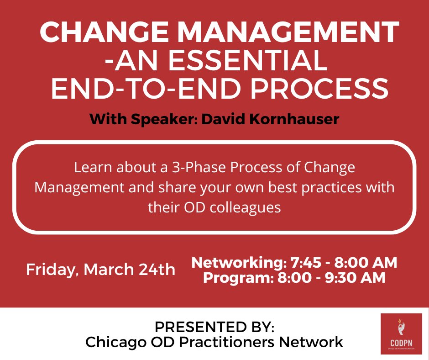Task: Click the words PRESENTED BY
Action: tap(214, 327)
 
